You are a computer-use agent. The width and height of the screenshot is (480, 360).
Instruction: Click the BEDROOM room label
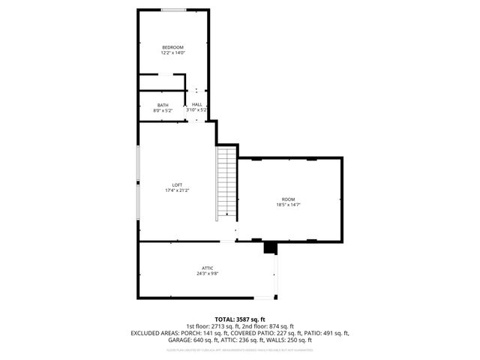[x=172, y=48]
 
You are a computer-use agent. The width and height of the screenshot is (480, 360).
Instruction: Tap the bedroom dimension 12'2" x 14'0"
[x=172, y=53]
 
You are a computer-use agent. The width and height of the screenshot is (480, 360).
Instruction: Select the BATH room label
[x=163, y=105]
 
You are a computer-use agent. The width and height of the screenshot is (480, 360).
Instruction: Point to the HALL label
[x=196, y=105]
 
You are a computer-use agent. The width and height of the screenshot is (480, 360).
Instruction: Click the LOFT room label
[x=177, y=185]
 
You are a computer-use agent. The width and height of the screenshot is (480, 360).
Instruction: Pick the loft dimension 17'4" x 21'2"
[x=177, y=190]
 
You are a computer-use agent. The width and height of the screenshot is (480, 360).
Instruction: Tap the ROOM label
[x=288, y=199]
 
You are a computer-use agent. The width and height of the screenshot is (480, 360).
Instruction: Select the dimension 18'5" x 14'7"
[x=288, y=204]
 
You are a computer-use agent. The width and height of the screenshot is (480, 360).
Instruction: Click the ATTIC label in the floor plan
[x=208, y=268]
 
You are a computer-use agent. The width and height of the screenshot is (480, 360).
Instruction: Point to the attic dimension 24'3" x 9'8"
[x=208, y=273]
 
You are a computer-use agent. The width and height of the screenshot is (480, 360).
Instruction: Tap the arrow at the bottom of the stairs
[x=226, y=214]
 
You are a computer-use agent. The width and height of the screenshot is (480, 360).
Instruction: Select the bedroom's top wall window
[x=174, y=10]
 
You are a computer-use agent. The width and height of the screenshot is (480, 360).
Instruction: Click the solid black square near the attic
[x=270, y=247]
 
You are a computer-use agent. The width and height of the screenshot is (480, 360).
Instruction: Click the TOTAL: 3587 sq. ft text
[x=240, y=319]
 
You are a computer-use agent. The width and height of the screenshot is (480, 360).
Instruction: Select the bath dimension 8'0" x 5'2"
[x=163, y=110]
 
